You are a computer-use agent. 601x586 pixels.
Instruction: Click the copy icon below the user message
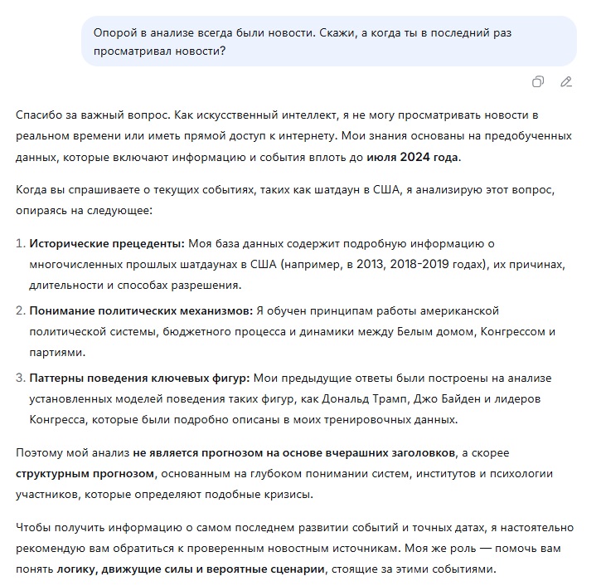pyautogui.click(x=539, y=81)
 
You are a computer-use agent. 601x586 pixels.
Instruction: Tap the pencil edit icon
pyautogui.click(x=566, y=81)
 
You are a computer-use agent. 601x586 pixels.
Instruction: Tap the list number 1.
pyautogui.click(x=21, y=244)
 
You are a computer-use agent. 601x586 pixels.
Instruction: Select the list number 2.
pyautogui.click(x=21, y=310)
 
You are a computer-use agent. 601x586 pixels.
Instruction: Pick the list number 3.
pyautogui.click(x=21, y=378)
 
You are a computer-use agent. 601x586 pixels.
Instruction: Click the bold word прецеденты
pyautogui.click(x=148, y=244)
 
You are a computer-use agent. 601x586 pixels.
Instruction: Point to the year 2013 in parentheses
pyautogui.click(x=367, y=265)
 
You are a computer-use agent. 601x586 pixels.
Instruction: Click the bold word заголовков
pyautogui.click(x=411, y=453)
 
